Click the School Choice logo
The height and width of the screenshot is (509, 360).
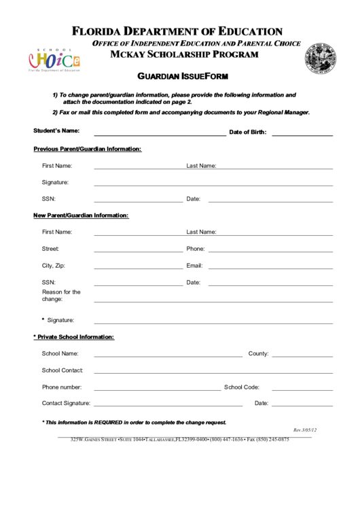coord(54,59)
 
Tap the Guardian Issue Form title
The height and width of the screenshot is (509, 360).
coord(181,77)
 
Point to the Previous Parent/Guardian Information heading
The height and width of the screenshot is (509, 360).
coord(88,149)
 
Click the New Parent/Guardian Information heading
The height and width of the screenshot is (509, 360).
coord(81,215)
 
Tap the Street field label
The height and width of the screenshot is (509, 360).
coord(50,249)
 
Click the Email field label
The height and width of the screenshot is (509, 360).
coord(194,266)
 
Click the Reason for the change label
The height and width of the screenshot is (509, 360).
coord(61,296)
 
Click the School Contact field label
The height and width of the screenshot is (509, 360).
coord(62,370)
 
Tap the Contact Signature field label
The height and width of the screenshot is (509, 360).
coord(66,404)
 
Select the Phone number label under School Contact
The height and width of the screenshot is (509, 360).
coord(62,387)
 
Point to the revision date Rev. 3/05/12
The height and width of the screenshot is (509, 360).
coord(305,430)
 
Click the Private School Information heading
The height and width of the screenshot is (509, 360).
coord(75,337)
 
